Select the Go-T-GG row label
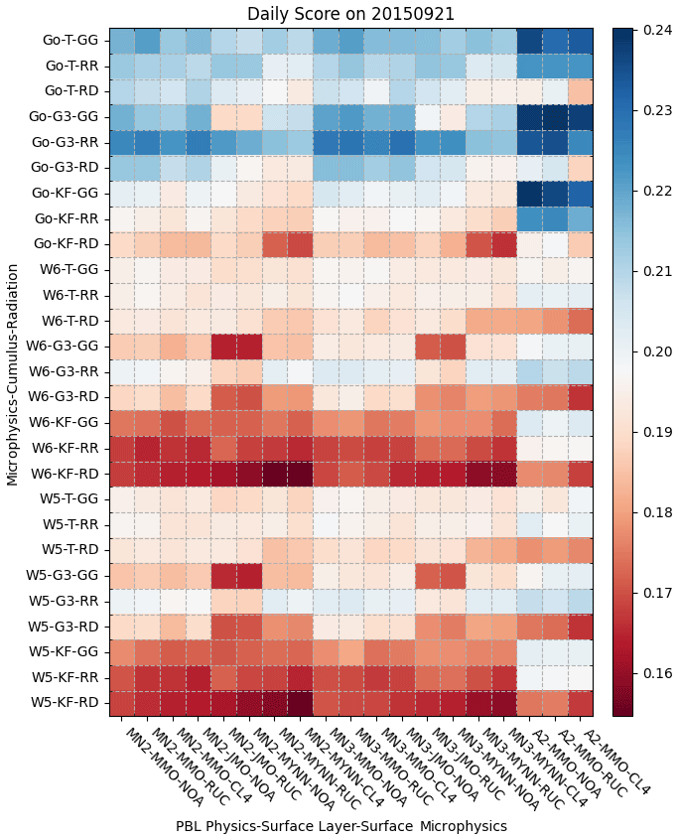pyautogui.click(x=70, y=41)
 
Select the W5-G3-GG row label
pyautogui.click(x=68, y=576)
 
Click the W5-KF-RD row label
pyautogui.click(x=69, y=703)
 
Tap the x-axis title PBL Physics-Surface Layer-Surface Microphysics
pyautogui.click(x=341, y=826)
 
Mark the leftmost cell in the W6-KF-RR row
pyautogui.click(x=121, y=448)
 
